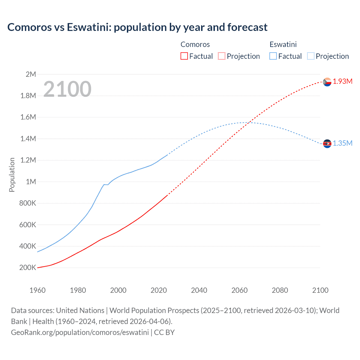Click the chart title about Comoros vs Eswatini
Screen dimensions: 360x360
pos(137,27)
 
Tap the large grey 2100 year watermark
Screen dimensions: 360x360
pos(67,89)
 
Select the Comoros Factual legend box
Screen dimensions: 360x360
pos(184,56)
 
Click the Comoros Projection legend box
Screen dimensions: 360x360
pos(222,56)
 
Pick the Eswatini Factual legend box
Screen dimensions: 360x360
pos(273,56)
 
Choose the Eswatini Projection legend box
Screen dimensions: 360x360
pos(310,56)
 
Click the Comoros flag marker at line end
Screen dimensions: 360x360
pos(327,82)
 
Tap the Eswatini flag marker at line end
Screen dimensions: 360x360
pos(327,144)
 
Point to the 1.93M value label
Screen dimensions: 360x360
pos(343,82)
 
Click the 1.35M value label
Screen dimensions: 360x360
pos(343,143)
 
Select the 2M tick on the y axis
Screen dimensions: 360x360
pos(31,74)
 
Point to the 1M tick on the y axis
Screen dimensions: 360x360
pos(31,182)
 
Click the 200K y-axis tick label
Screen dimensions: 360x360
pos(28,268)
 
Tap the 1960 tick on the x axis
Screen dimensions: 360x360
pos(37,290)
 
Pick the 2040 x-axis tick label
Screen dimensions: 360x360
pos(199,290)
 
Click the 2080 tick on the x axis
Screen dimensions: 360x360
pos(280,290)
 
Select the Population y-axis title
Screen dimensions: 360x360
pos(12,175)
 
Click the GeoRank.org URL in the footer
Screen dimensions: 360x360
pos(80,332)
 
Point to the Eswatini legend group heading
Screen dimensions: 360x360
pos(283,44)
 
